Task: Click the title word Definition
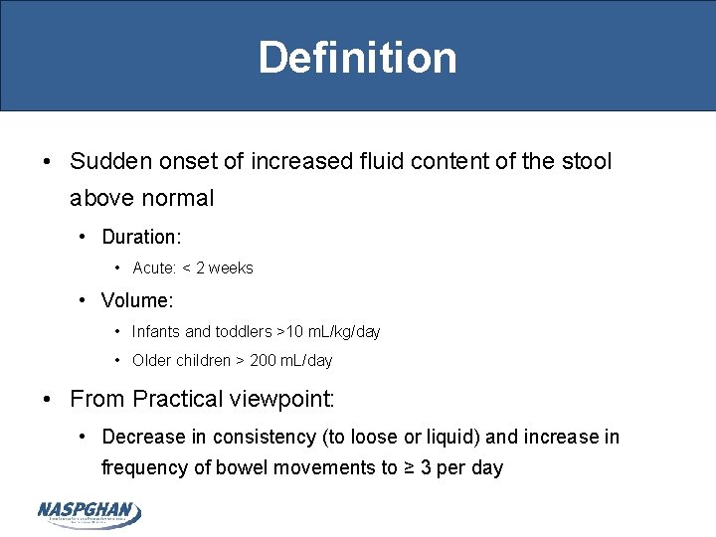(x=358, y=57)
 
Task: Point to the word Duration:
(x=141, y=237)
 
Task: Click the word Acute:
(x=154, y=268)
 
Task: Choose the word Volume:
(x=137, y=299)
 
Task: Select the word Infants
(x=157, y=331)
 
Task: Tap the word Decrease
(x=144, y=438)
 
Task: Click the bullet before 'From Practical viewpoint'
(x=48, y=400)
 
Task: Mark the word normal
(x=177, y=198)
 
